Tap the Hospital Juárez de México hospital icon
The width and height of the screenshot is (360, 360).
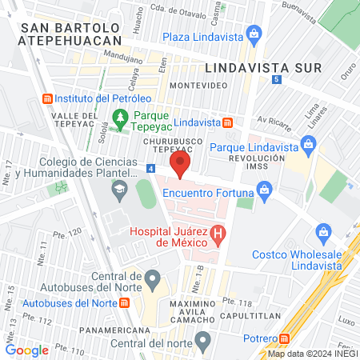pyautogui.click(x=218, y=237)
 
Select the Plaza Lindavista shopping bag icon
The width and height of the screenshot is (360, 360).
pyautogui.click(x=254, y=35)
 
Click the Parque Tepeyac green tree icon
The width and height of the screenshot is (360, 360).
pyautogui.click(x=120, y=118)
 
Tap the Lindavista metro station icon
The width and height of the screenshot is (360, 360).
pyautogui.click(x=228, y=122)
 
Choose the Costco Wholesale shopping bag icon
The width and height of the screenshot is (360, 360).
pyautogui.click(x=324, y=232)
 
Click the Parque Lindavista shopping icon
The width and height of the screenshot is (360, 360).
pyautogui.click(x=308, y=146)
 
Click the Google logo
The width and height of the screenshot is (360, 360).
pyautogui.click(x=26, y=350)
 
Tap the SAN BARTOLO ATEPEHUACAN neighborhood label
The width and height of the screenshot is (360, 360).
pyautogui.click(x=72, y=34)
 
